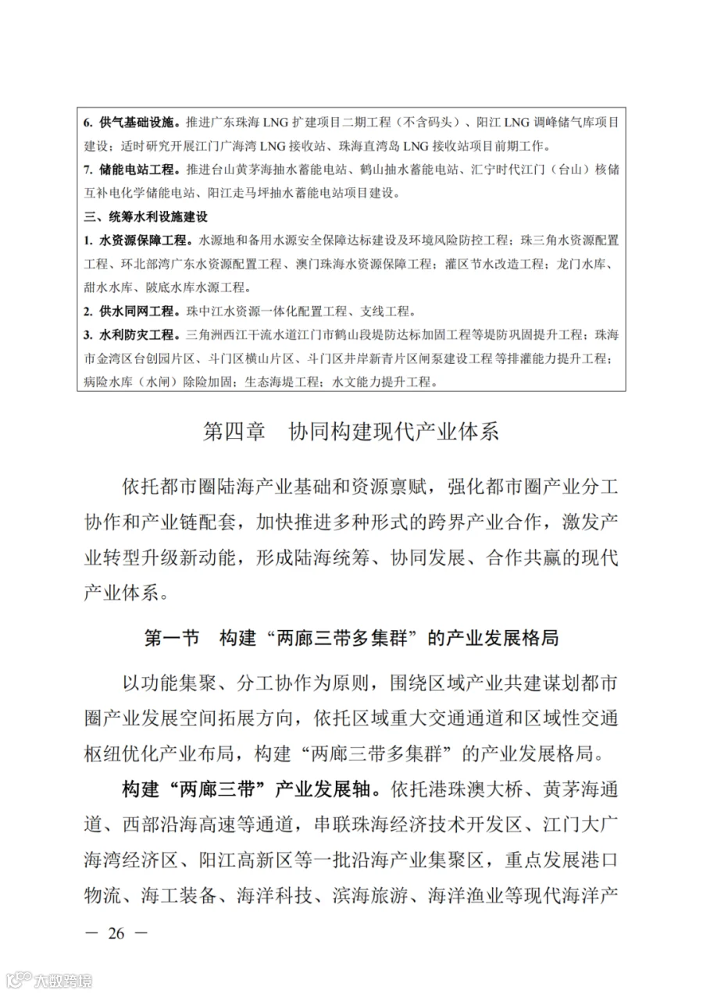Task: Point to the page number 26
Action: tap(117, 933)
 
